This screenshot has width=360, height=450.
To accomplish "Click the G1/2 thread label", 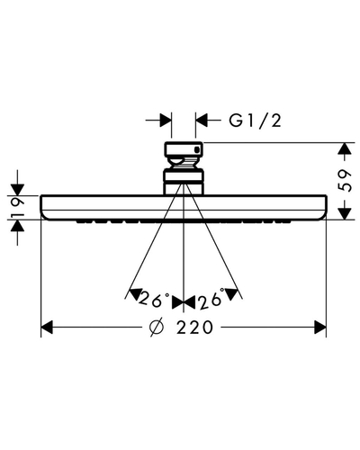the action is point(255,121).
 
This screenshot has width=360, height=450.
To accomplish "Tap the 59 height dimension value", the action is point(345,181).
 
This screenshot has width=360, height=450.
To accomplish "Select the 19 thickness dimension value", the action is point(18,208).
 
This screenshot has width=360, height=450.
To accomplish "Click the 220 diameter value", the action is point(194,327).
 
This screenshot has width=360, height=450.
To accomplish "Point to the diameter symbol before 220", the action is point(157,327).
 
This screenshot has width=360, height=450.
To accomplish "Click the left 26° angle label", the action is point(154,298).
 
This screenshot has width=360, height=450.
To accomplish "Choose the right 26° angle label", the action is point(211,298).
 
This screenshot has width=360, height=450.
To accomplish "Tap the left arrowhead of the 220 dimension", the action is point(47,327).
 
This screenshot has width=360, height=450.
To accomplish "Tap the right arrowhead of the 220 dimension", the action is point(319,327).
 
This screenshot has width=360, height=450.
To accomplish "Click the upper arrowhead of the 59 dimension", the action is point(345,148).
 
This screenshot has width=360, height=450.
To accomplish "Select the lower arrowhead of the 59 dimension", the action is point(345,213).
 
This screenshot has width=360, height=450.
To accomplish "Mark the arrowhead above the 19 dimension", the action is point(17,190).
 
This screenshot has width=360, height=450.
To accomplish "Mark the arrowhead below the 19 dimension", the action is point(17,226).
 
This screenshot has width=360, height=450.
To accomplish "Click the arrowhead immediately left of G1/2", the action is point(202,121).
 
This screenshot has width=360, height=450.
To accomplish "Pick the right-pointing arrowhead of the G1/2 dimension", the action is point(166,121).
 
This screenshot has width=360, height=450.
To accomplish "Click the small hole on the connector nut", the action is point(197,149).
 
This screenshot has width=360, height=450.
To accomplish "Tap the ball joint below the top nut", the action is point(183,164).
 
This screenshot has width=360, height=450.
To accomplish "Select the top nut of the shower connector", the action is point(184,150).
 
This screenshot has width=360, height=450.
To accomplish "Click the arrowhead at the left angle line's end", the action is point(136,294).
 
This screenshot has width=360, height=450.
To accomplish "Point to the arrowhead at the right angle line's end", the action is point(231,294).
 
